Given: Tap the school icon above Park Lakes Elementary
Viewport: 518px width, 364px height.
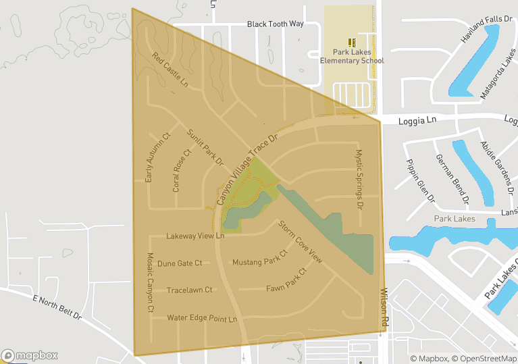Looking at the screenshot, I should point(351,42).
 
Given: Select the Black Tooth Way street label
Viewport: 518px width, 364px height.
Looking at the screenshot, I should point(276,24).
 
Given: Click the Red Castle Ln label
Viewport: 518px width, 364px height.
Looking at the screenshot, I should point(170,70).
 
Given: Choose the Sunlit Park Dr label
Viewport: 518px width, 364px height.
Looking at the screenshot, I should point(205,147).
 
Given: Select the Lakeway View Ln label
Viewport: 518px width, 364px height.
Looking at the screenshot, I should point(195,236).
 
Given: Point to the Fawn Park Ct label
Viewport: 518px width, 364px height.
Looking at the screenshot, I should point(286,279).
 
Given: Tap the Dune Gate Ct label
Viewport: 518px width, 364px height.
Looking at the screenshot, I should point(180,263).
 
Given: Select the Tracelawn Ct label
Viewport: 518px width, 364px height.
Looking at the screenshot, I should point(189,290).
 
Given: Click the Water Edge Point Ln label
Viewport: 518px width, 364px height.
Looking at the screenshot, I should point(203,318).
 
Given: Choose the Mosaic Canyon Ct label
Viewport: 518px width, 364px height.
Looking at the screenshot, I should point(151,282).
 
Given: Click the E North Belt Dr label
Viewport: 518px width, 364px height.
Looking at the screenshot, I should point(57,307).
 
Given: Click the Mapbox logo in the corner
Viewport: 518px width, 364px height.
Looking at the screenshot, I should point(30,355).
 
